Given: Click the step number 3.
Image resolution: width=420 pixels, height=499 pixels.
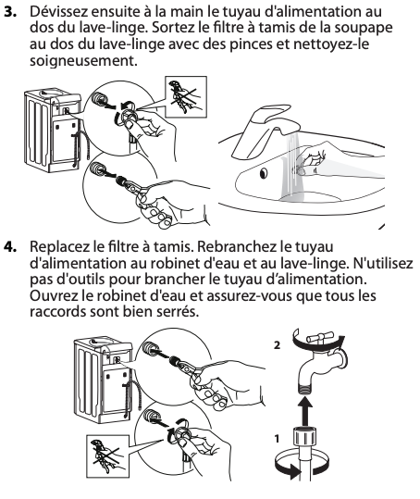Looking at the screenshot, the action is [10, 12].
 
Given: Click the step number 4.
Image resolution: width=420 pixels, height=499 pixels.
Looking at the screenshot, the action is [10, 247].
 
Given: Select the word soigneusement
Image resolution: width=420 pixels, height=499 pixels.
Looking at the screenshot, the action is [83, 60].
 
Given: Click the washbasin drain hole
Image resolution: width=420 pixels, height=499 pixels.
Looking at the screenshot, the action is [264, 173].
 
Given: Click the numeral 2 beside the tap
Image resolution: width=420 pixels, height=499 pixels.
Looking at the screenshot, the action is [277, 345].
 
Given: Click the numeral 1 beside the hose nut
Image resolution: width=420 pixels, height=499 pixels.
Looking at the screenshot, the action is [277, 439].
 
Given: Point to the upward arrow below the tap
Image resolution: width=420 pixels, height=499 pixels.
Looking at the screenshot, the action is [305, 410].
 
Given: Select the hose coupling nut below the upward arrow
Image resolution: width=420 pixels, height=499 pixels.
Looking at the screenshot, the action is [305, 437].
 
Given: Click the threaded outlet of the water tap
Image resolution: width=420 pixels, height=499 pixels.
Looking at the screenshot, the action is [305, 389].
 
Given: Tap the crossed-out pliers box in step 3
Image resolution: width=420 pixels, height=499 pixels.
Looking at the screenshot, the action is [186, 96].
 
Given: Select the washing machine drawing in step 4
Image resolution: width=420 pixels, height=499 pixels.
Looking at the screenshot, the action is [104, 380].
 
